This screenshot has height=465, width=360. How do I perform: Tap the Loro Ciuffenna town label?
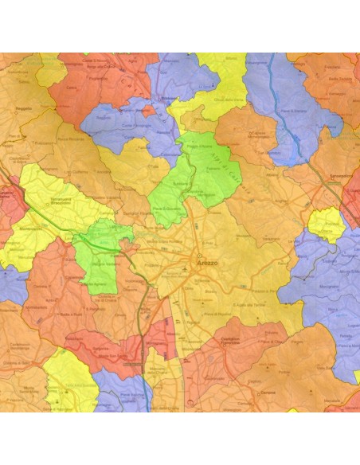[75, 172]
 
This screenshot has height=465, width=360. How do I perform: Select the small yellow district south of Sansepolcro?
[324, 225]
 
